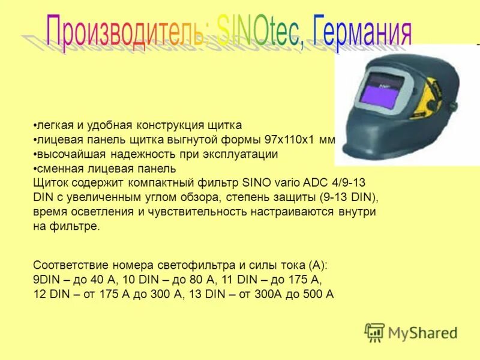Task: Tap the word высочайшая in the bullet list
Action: (65, 154)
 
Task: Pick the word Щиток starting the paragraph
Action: (50, 183)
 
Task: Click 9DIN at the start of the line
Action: (46, 280)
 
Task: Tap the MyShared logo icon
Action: (375, 332)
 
